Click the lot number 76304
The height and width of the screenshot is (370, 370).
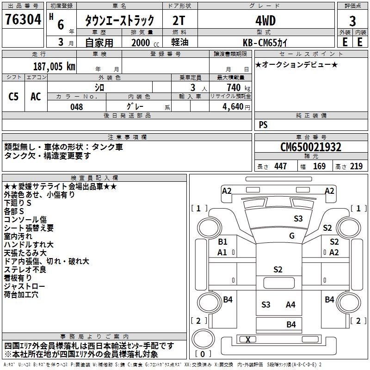[23, 20]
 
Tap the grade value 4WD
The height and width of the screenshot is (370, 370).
[265, 21]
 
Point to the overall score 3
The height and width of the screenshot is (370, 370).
[352, 21]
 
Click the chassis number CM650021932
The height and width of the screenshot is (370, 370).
[311, 147]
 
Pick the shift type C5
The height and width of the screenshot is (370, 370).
[14, 96]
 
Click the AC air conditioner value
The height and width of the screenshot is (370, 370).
[36, 96]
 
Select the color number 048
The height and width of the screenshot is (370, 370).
[77, 107]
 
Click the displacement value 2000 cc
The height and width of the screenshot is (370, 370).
[142, 42]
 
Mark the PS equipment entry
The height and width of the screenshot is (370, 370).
[263, 125]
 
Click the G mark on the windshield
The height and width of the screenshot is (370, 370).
[292, 236]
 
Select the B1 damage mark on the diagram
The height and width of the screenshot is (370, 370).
[222, 241]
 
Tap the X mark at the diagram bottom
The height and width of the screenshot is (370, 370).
[248, 340]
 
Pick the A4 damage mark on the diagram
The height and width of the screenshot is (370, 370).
[290, 304]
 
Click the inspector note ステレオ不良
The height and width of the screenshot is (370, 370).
[25, 269]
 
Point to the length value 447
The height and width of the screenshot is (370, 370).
[280, 166]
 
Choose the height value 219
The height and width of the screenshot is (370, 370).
[357, 166]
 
